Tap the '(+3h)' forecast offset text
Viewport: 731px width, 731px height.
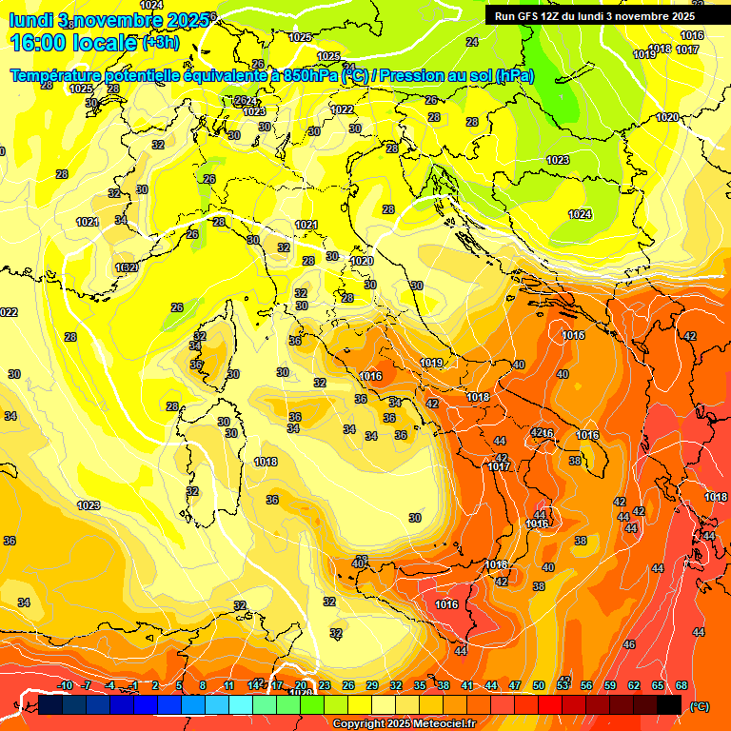(x=165, y=43)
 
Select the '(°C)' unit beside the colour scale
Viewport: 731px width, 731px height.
(x=698, y=706)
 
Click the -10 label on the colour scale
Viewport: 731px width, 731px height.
(x=65, y=685)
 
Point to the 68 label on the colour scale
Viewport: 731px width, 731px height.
(x=682, y=685)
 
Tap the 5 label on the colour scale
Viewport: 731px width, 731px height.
(x=179, y=685)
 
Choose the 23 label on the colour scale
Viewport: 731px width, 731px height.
(x=325, y=685)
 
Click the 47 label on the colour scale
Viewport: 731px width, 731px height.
(x=515, y=685)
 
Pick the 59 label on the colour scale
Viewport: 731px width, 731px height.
(x=610, y=685)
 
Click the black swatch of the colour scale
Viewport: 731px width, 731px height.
(x=669, y=705)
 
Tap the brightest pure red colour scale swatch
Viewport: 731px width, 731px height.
(x=550, y=705)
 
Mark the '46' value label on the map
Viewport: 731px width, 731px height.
(x=628, y=644)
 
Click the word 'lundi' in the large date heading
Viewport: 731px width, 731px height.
(x=30, y=19)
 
